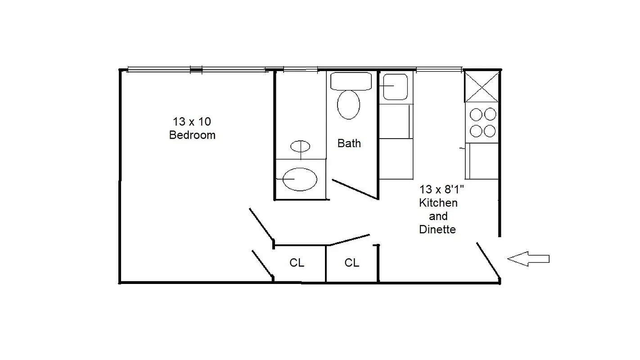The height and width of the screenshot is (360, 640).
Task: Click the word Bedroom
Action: coord(192,135)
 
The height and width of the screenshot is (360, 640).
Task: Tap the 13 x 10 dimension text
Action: coord(192,121)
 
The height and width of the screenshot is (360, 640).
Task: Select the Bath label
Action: coord(349,143)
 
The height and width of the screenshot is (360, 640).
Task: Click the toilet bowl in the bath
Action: coord(349,105)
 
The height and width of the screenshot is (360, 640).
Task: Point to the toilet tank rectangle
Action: coord(351,81)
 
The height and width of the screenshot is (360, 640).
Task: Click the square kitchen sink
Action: coord(395,86)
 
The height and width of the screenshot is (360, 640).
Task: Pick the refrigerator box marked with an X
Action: coord(481,87)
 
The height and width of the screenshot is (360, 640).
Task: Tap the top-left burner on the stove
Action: coord(475,114)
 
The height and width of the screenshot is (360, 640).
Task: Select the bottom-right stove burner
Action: coord(489,131)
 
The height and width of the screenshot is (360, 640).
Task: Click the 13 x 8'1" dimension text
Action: coord(442,189)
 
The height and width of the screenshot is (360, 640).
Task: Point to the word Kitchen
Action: coord(438,202)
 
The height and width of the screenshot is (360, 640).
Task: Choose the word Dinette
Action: coord(437,229)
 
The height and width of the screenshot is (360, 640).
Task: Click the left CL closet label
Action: coord(297,263)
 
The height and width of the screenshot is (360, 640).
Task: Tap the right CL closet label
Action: coord(352,263)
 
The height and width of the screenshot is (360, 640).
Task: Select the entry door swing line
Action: coord(488,261)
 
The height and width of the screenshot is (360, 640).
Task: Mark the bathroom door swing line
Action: coord(355,189)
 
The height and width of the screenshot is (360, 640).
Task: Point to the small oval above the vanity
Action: coord(300,146)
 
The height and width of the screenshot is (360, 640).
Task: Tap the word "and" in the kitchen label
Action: coord(438,216)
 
